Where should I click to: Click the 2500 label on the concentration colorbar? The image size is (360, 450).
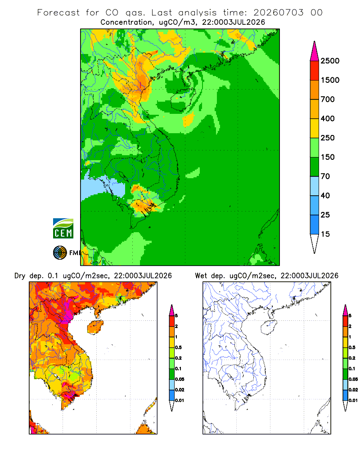(x=330, y=61)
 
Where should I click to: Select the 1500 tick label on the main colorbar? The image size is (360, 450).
(x=330, y=80)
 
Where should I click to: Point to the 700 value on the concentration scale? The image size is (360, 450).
(x=328, y=99)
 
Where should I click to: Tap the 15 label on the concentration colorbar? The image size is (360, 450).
(x=325, y=234)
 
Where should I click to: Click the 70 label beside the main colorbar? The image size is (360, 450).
(x=325, y=176)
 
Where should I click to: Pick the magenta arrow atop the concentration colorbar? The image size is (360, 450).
(x=315, y=51)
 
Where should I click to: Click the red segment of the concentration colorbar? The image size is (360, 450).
(x=315, y=71)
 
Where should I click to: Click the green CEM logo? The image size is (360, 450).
(x=63, y=229)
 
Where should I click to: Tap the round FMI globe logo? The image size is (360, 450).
(x=60, y=253)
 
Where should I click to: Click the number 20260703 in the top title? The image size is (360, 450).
(x=278, y=13)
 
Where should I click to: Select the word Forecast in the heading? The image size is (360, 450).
(x=58, y=13)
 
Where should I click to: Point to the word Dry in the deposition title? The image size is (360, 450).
(x=20, y=276)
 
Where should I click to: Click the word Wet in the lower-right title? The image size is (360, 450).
(x=201, y=276)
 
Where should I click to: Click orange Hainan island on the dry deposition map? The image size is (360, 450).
(x=95, y=327)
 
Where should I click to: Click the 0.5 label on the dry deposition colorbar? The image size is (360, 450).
(x=178, y=347)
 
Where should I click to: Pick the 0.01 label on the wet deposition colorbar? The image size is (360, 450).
(x=353, y=400)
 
